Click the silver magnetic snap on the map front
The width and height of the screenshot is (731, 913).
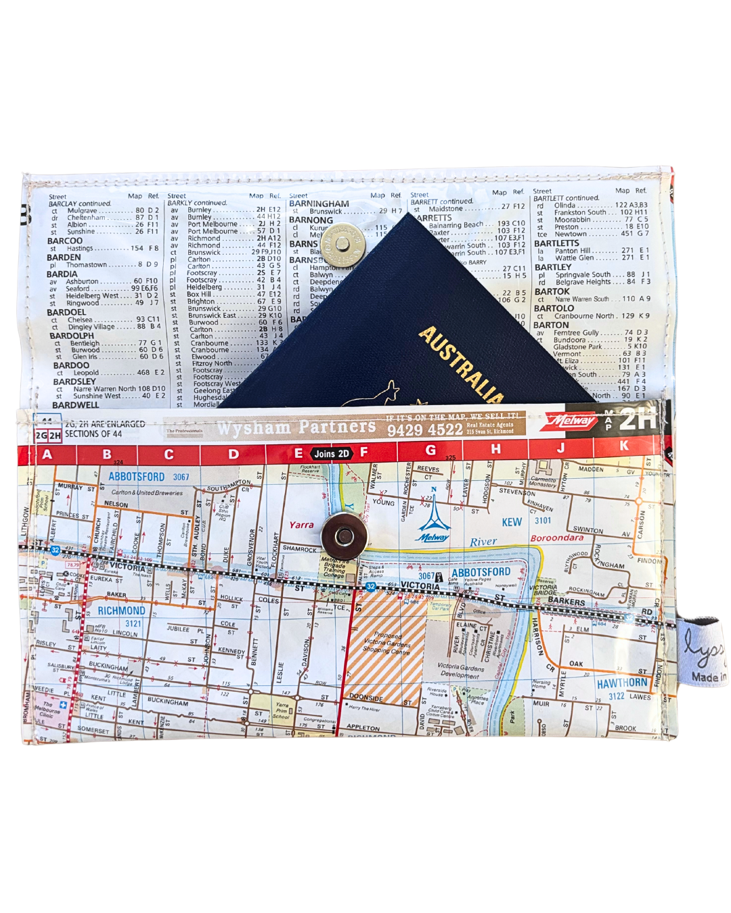pos(344,538)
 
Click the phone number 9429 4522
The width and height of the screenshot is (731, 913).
pos(424,430)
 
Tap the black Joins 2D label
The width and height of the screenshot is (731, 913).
pos(332,454)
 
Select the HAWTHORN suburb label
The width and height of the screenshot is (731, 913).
pos(622,684)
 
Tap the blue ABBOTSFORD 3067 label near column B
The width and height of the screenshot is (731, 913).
pos(148,477)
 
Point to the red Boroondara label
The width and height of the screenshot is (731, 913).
pos(556,538)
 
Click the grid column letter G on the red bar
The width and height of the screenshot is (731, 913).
pos(430,450)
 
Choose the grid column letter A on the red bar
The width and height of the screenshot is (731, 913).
pos(47,454)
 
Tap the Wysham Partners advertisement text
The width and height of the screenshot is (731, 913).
pos(296,427)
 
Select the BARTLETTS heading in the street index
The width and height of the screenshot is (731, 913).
pos(556,243)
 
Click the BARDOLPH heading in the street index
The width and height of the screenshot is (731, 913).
pos(72,335)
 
